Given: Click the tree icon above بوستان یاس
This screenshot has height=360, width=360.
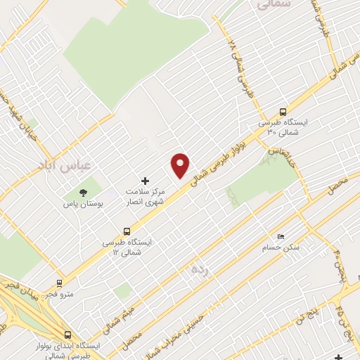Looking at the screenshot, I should (84, 191).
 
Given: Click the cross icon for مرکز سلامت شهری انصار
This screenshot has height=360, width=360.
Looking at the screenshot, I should (146, 181).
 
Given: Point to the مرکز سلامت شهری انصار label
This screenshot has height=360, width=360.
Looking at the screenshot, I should (143, 196).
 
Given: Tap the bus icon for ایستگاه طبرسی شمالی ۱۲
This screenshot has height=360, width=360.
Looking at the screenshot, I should (127, 231).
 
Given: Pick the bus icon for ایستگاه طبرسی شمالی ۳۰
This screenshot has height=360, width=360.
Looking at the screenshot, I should (283, 111).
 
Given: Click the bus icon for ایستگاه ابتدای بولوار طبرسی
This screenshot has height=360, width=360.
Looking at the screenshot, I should (68, 335).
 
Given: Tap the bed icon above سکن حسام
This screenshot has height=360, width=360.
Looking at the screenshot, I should (281, 236).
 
